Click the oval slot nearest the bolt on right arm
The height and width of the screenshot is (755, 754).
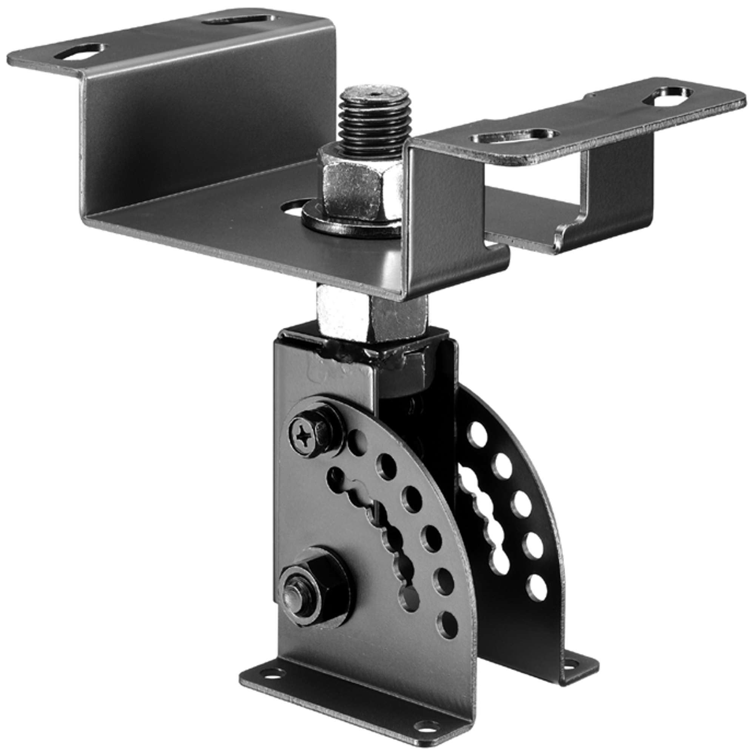pyautogui.click(x=514, y=137)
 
